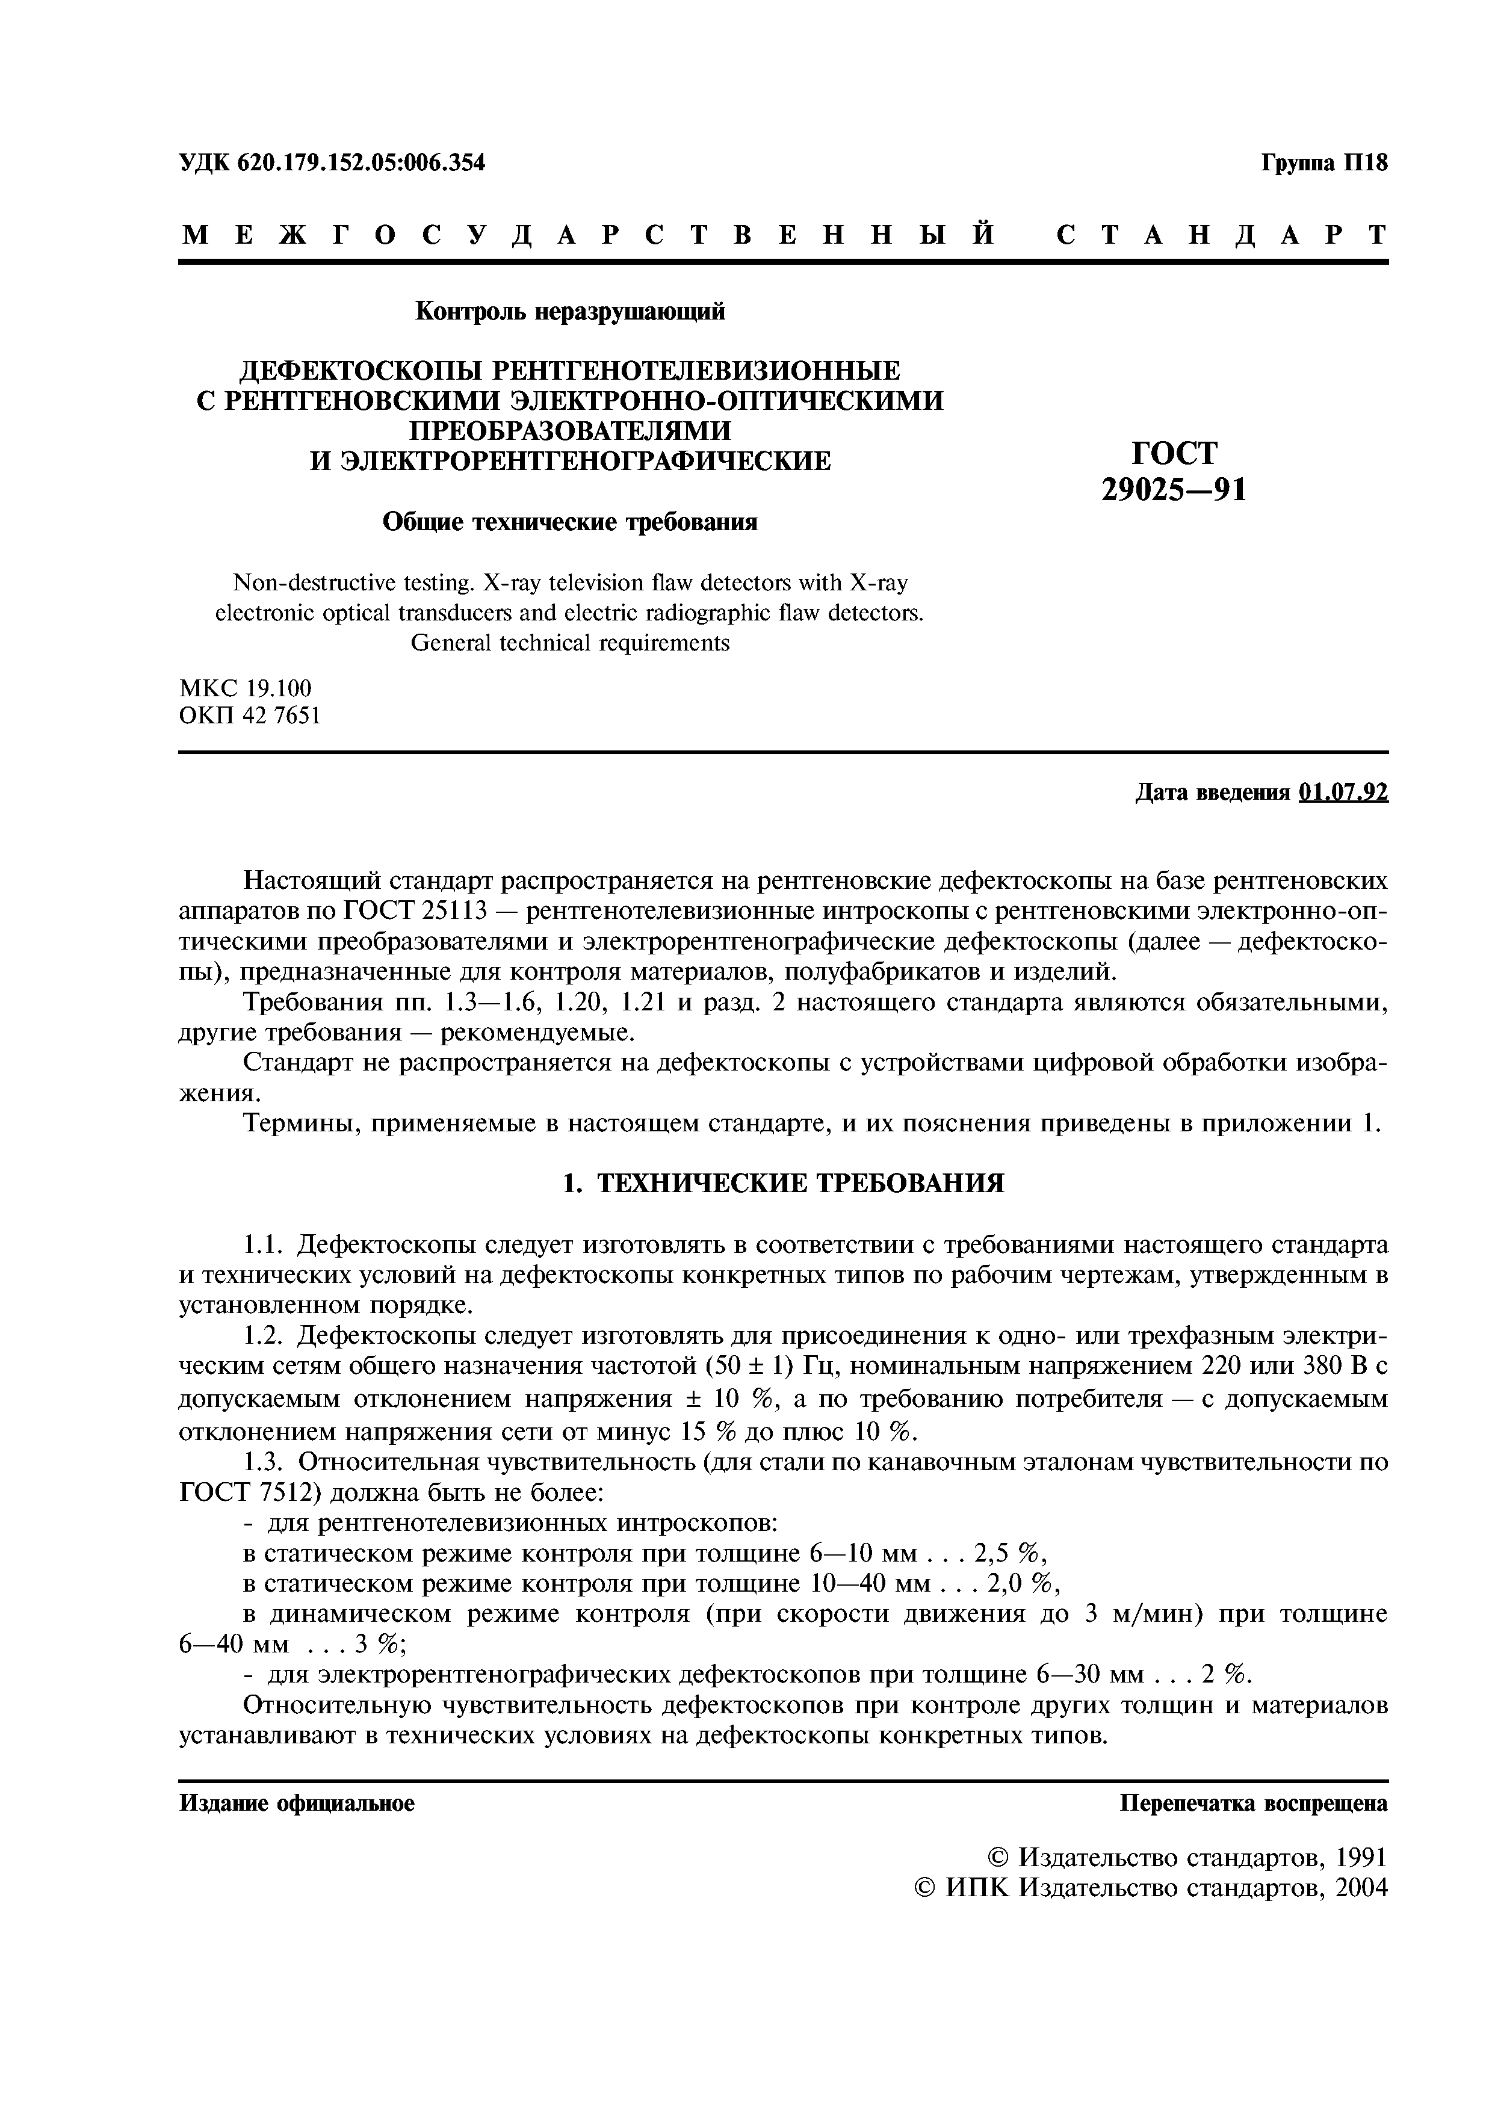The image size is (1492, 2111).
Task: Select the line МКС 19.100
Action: pos(246,688)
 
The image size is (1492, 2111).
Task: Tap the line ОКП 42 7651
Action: pos(250,716)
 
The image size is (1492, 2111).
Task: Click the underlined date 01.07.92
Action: pos(1343,793)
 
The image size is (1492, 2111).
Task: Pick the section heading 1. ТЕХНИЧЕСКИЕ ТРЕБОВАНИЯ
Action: pos(782,1183)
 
